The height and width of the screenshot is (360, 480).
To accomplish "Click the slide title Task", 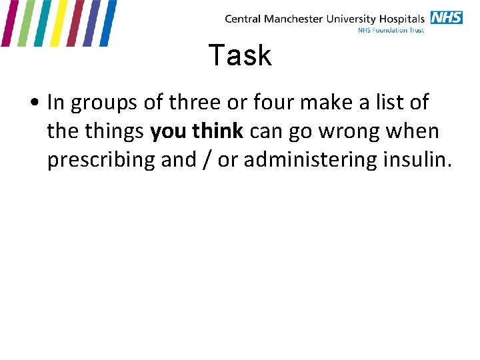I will [x=240, y=55].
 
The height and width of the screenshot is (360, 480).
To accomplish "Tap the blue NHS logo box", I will [x=446, y=17].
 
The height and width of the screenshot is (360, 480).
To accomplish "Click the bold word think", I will [x=218, y=131].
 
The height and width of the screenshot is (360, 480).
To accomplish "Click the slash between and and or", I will [x=207, y=160].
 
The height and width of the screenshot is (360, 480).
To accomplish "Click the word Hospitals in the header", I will [x=401, y=19].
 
